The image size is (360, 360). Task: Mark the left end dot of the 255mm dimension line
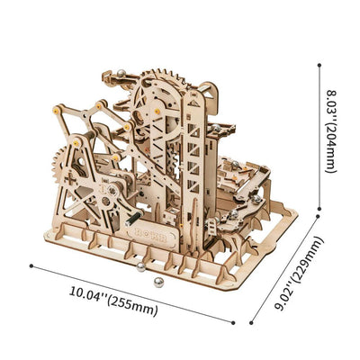click(31, 265)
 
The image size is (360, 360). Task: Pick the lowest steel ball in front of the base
click(157, 283)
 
